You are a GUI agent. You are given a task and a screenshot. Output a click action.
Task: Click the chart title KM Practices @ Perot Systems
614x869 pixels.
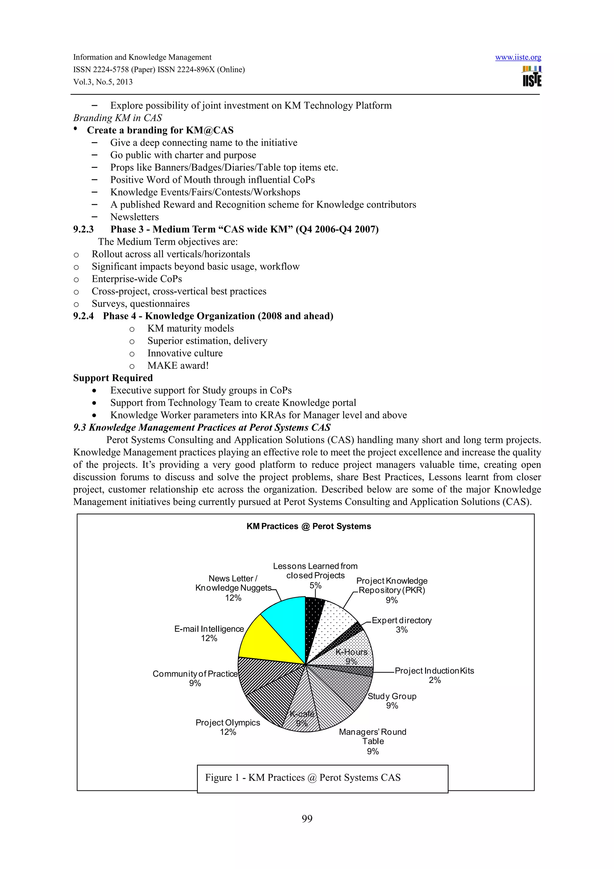click(x=308, y=526)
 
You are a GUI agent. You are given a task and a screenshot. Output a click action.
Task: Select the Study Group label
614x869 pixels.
click(x=392, y=696)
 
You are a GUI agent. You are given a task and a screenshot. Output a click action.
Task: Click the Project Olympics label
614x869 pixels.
click(x=228, y=723)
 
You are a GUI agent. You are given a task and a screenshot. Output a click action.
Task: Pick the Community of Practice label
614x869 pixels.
click(x=195, y=674)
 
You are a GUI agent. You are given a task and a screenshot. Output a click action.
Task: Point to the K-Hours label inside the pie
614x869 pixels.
click(x=351, y=652)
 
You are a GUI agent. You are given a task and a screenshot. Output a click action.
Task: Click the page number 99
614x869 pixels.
click(x=307, y=819)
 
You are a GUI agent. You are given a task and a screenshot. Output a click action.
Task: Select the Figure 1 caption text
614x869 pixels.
click(x=303, y=778)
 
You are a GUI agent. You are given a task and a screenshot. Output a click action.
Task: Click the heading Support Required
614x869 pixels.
click(x=113, y=378)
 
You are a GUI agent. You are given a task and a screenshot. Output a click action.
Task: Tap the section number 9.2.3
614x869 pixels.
click(x=83, y=229)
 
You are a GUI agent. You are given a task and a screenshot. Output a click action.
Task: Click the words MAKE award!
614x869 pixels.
click(x=178, y=366)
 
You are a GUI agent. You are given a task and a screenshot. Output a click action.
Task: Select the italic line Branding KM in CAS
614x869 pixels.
click(x=117, y=118)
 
